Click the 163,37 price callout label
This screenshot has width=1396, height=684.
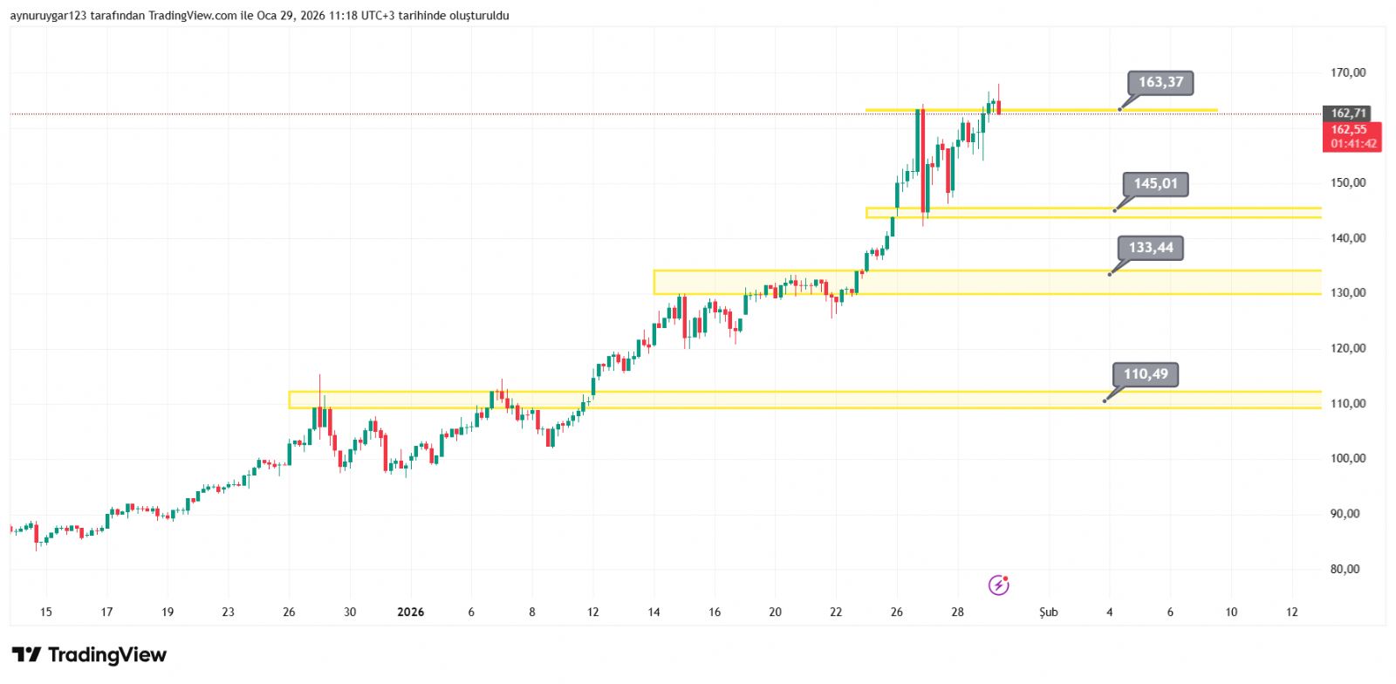(1160, 83)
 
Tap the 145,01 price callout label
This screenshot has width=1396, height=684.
(1155, 184)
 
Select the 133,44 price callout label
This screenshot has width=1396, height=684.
(1150, 248)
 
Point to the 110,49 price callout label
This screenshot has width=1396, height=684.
(1145, 374)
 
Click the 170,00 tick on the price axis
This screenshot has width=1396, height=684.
(1348, 72)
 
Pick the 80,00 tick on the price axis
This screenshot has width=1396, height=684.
(1345, 569)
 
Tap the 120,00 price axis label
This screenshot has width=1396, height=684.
(1348, 348)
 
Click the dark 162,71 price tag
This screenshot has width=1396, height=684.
(1348, 113)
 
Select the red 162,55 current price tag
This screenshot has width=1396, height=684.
(1351, 130)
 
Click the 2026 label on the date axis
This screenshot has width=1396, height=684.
(410, 612)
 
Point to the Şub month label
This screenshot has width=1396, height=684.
(1048, 612)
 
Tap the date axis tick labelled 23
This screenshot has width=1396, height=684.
(228, 612)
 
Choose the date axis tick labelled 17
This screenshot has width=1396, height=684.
(106, 612)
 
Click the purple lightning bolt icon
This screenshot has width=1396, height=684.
(998, 585)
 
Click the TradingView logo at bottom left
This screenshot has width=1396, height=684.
(89, 654)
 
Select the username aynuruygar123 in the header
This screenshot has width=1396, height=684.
(48, 16)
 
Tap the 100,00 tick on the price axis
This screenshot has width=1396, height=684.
(1348, 458)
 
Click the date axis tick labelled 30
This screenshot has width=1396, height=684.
(349, 612)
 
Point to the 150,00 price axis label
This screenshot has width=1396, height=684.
(1348, 183)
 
